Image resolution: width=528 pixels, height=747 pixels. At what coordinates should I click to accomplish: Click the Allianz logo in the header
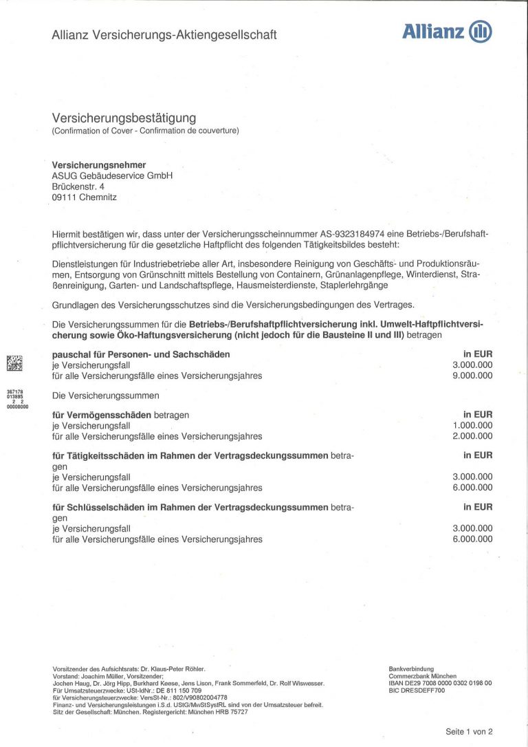pos(447,32)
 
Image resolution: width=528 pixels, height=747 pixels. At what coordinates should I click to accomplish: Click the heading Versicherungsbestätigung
pos(124,118)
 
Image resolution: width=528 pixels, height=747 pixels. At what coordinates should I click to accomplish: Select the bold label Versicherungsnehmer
pos(99,164)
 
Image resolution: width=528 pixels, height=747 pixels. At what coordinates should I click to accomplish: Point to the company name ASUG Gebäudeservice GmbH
pos(112,175)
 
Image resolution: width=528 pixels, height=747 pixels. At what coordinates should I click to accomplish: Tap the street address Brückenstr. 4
pos(78,186)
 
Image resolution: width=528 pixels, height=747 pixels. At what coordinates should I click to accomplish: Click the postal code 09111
pos(64,197)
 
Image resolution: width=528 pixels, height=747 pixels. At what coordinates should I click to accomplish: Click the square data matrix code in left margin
pos(14,362)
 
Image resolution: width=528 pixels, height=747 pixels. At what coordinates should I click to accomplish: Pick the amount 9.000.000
pos(472,376)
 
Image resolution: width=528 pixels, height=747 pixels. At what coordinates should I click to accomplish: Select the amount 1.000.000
pos(472,425)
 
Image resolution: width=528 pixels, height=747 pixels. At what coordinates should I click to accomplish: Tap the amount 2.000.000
pos(472,436)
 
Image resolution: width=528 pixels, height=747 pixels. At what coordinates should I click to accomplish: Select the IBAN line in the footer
pos(440,683)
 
